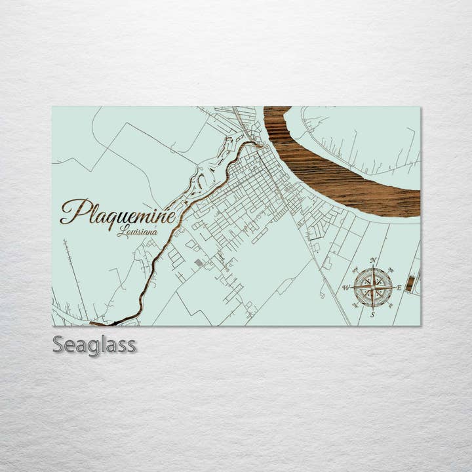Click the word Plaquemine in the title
(x=118, y=211)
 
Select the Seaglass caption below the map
(x=94, y=344)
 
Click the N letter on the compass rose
(x=373, y=261)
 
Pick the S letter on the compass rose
(x=373, y=315)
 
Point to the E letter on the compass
(x=399, y=288)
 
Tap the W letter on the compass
(x=346, y=288)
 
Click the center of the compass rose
(x=373, y=288)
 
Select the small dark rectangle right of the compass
(x=410, y=283)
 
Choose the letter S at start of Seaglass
(x=58, y=344)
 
